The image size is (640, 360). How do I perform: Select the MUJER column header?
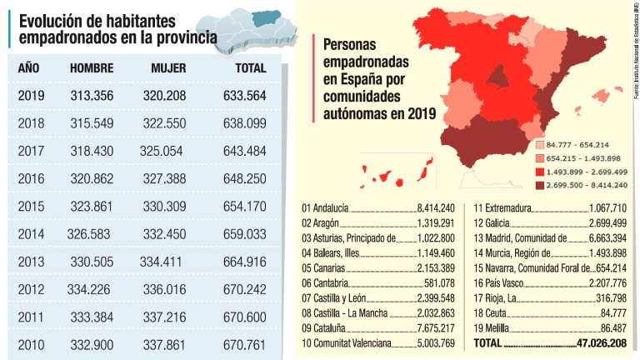[x=168, y=68]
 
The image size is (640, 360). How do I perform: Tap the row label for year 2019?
[x=31, y=96]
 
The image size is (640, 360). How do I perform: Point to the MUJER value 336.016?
[x=168, y=289]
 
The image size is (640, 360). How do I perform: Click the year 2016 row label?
[x=31, y=178]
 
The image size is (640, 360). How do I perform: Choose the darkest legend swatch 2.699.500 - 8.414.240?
[x=539, y=185]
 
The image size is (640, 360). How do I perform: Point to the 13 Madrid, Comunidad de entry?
[x=521, y=238]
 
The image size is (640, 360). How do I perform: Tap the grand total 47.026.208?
[x=602, y=343]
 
